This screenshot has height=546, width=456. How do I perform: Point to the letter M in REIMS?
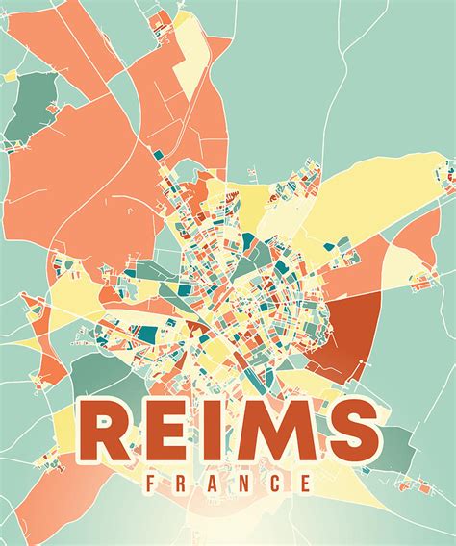click(272, 434)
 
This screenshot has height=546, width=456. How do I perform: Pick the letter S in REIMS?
click(347, 434)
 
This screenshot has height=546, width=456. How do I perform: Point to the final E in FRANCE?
click(304, 483)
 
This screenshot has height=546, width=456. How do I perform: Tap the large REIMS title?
click(227, 434)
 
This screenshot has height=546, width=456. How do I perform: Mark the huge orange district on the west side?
click(77, 192)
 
